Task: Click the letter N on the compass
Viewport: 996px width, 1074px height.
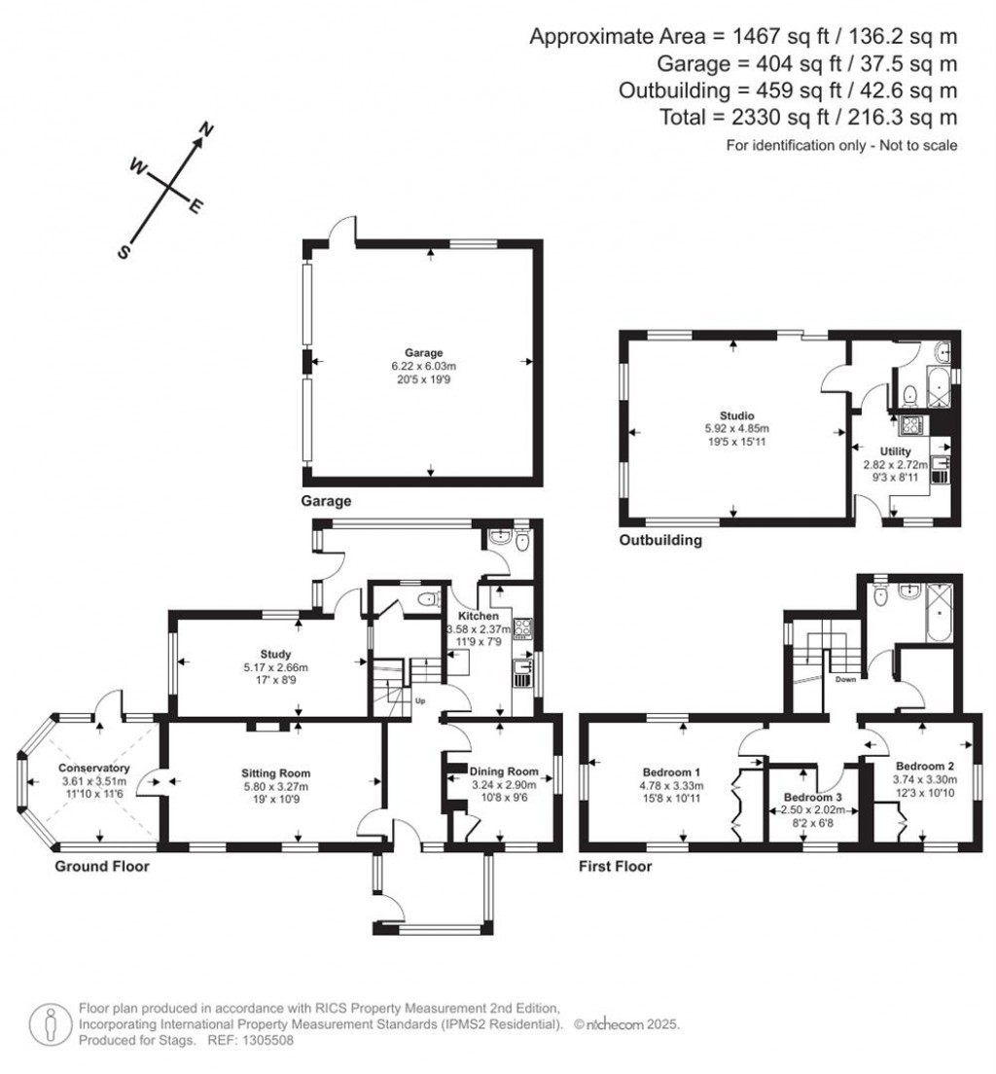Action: click(206, 129)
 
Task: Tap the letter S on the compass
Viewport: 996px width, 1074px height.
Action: click(124, 251)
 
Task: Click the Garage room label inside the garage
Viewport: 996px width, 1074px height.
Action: click(424, 352)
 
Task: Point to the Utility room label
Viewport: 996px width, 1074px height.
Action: click(895, 451)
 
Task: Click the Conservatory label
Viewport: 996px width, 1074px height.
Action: click(94, 768)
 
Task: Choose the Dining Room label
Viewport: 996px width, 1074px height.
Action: click(505, 771)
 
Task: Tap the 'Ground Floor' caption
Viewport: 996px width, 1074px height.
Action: click(102, 866)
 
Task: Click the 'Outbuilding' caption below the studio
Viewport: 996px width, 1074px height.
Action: click(660, 540)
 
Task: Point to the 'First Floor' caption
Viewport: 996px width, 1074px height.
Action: click(615, 866)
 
